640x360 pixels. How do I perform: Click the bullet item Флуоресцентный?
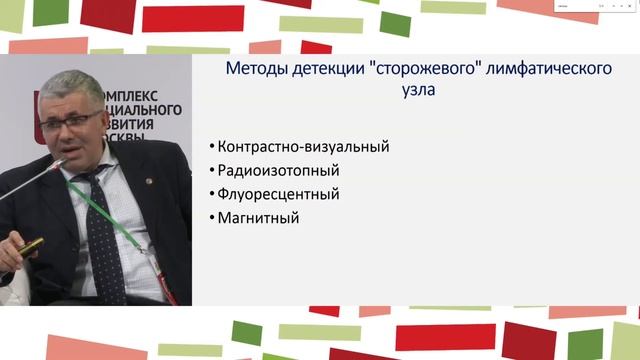point(285,193)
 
